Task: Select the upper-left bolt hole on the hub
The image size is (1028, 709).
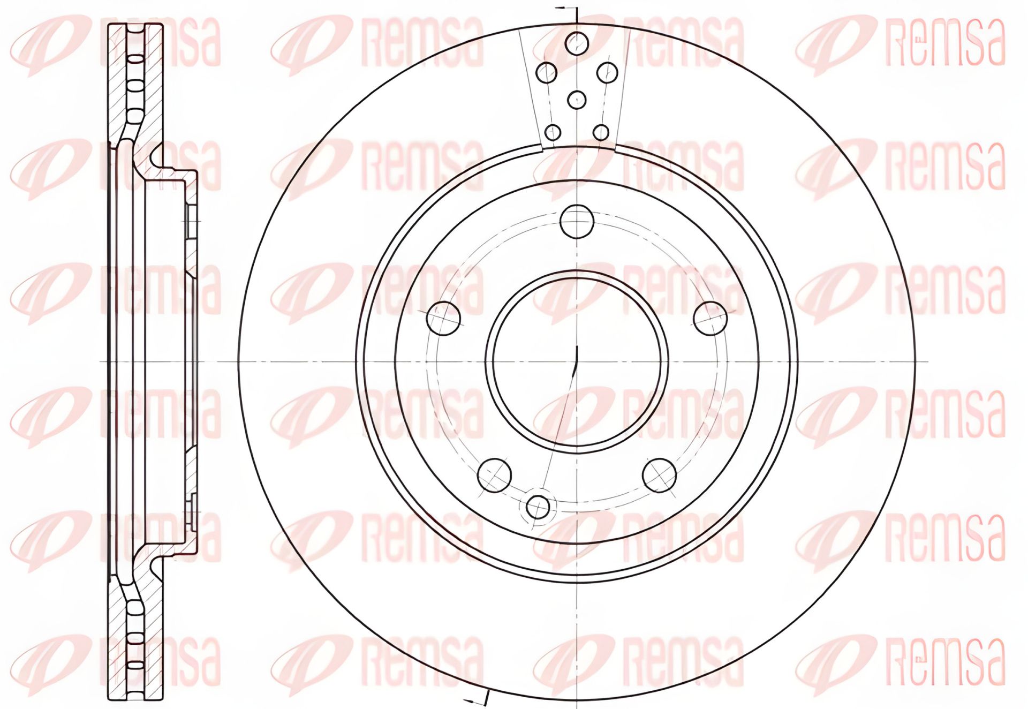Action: click(444, 318)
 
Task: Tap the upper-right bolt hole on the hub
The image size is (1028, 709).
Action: click(710, 318)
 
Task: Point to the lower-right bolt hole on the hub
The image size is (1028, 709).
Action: click(659, 474)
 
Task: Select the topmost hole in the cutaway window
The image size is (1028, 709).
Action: click(577, 42)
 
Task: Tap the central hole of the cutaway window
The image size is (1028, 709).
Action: click(577, 99)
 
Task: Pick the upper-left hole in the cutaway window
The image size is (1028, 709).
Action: click(547, 72)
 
